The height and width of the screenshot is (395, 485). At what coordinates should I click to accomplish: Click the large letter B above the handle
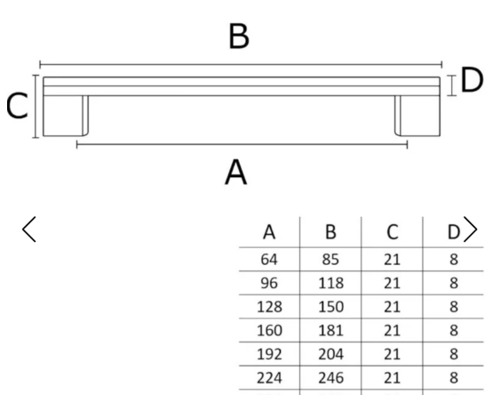[x=239, y=36]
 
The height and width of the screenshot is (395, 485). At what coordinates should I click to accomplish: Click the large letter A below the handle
[x=235, y=172]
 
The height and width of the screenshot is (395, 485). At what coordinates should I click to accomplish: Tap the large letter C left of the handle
[x=17, y=106]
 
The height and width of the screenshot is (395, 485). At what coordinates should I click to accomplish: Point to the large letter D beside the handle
[x=472, y=80]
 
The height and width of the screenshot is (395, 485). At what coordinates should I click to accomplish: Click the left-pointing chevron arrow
[x=29, y=230]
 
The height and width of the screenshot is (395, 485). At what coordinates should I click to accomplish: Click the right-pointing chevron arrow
[x=471, y=230]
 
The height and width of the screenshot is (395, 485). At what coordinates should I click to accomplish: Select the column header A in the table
[x=269, y=232]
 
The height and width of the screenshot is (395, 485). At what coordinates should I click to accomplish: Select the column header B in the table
[x=330, y=232]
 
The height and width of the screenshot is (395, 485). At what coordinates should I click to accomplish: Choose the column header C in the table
[x=393, y=232]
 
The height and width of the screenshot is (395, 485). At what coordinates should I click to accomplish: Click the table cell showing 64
[x=269, y=259]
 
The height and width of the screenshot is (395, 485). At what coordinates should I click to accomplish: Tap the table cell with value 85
[x=330, y=259]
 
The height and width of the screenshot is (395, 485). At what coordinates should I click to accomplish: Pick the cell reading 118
[x=330, y=283]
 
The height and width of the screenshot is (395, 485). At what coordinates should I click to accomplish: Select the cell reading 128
[x=269, y=307]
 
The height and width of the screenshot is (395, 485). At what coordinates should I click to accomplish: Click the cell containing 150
[x=330, y=307]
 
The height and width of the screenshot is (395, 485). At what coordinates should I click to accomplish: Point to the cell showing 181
[x=330, y=331]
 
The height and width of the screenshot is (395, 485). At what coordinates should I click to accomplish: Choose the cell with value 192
[x=269, y=354]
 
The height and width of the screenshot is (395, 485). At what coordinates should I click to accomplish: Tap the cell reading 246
[x=330, y=378]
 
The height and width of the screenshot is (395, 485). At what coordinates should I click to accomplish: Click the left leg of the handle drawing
[x=66, y=116]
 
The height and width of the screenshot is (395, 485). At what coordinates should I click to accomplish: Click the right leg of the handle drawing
[x=417, y=116]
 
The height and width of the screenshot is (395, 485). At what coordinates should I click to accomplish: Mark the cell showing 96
[x=269, y=283]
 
